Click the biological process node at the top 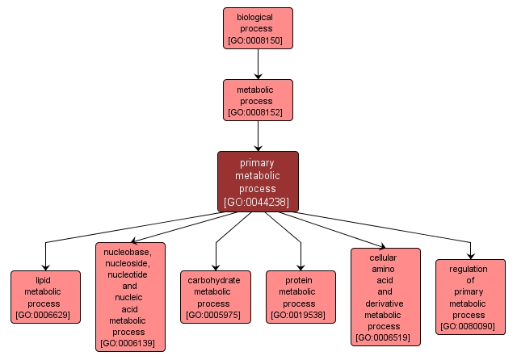(x=258, y=27)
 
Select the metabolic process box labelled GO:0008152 (x=258, y=100)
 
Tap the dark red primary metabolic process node (x=258, y=181)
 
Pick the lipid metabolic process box (x=45, y=296)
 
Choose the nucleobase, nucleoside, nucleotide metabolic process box (x=130, y=296)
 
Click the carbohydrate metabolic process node (x=215, y=296)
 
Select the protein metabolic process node (x=301, y=296)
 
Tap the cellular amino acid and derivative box (x=385, y=296)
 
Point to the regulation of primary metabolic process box (x=470, y=296)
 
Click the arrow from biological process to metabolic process (x=258, y=63)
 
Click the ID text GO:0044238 (x=258, y=202)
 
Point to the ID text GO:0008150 (x=258, y=40)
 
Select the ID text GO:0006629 (x=45, y=315)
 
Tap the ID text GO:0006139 (x=130, y=344)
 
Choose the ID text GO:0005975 (x=215, y=315)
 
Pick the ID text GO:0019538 (x=301, y=315)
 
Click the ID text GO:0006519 (x=385, y=338)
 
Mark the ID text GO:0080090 (x=470, y=327)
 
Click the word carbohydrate (x=215, y=280)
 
